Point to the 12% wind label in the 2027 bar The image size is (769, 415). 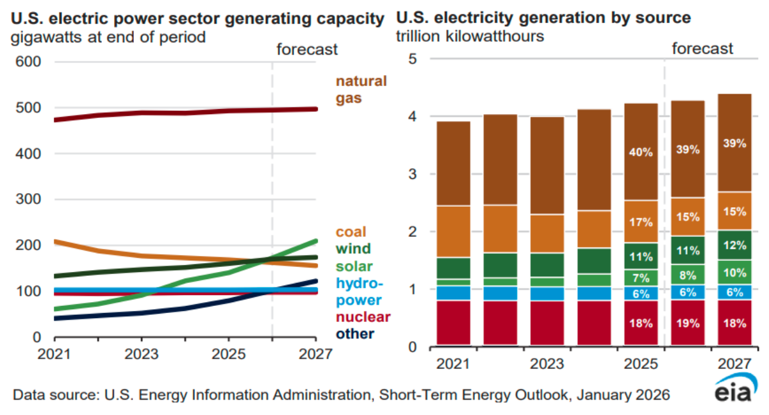734,244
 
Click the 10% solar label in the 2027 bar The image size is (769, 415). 734,272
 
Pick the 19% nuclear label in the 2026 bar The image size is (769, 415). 687,323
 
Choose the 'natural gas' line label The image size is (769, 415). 361,90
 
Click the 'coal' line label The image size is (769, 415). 351,232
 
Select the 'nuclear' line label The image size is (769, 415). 363,317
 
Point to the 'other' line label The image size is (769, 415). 355,334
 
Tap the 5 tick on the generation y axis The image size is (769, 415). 413,59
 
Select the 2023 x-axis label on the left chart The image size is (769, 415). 142,354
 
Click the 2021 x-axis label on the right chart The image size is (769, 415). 454,364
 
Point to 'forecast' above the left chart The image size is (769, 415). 306,49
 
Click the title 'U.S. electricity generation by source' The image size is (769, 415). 543,17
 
